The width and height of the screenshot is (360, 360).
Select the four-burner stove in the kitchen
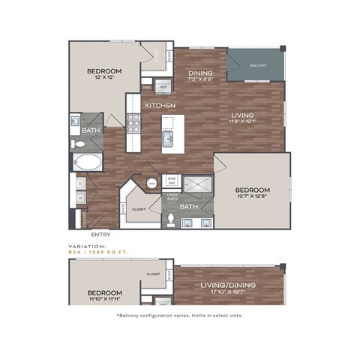tap(133, 122)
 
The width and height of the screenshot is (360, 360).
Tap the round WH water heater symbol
tap(152, 182)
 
